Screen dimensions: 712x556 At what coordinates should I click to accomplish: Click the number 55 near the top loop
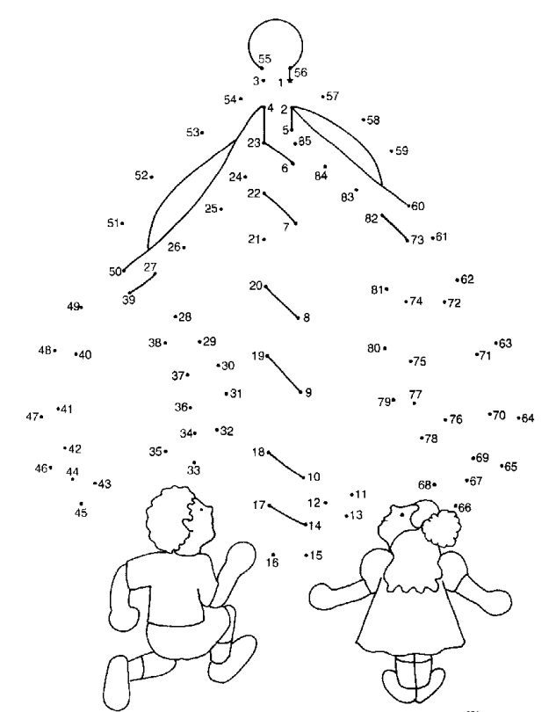pos(264,59)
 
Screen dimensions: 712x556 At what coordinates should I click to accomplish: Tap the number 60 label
pos(418,207)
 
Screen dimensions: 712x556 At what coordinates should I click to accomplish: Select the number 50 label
pos(115,272)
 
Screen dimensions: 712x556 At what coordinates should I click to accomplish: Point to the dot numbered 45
pos(81,504)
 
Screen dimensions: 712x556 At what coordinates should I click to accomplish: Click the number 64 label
pos(527,418)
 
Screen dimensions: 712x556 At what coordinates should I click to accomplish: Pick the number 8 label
pos(307,318)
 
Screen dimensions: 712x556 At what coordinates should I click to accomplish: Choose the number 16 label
pos(273,563)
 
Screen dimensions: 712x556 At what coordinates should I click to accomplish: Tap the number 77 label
pos(415,395)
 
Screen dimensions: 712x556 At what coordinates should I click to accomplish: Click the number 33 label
pos(193,471)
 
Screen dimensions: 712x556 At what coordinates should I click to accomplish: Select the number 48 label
pos(45,350)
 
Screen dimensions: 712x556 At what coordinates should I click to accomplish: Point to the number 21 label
pos(254,239)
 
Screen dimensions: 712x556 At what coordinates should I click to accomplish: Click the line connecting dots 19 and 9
pos(284,374)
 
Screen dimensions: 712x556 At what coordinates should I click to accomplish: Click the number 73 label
pos(417,240)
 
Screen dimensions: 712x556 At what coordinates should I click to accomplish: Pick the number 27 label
pos(150,267)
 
